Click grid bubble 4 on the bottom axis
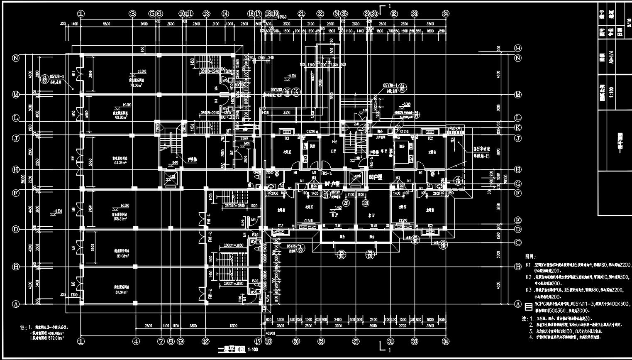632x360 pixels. point(135,341)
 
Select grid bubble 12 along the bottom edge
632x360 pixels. point(205,341)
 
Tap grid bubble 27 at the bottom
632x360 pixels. point(356,341)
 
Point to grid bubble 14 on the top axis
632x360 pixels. point(225,14)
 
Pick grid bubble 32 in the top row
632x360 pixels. point(394,14)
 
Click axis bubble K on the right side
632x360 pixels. point(517,127)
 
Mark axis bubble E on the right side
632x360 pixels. point(517,220)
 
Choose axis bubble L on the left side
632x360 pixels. point(16,118)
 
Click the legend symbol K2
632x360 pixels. point(528,277)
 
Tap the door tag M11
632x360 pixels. point(73,74)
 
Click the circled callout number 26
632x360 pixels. point(346,203)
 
